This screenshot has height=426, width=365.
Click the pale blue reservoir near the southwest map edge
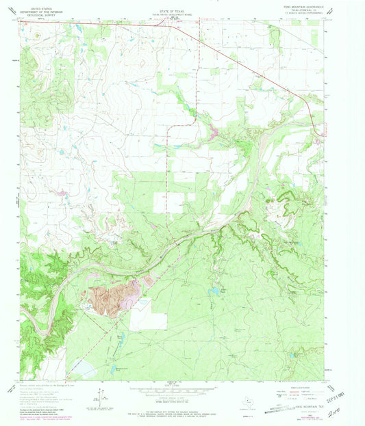(82, 370)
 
